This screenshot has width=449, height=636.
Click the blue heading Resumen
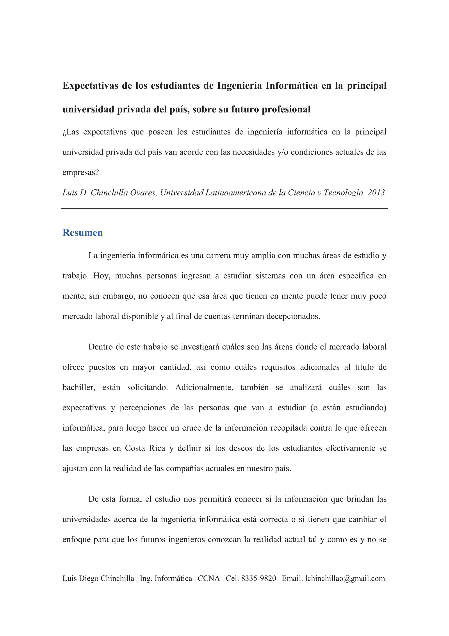82,233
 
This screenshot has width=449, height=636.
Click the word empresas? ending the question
80,172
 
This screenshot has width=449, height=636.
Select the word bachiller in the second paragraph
78,387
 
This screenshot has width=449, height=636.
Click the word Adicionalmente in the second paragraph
204,387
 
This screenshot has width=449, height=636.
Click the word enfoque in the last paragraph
76,540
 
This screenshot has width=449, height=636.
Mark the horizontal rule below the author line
224,208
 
